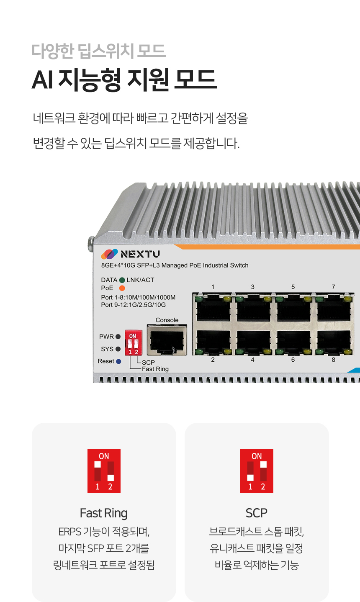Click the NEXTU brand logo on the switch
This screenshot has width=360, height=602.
click(x=130, y=254)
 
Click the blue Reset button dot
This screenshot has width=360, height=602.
click(x=118, y=361)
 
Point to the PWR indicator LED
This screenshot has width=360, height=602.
click(x=118, y=337)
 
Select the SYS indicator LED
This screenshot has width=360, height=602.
click(x=118, y=349)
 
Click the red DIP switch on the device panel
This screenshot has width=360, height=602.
click(x=134, y=343)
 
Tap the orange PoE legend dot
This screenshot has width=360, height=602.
click(x=122, y=288)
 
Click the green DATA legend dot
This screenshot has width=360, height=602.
click(x=122, y=280)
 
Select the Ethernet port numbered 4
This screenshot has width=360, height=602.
click(x=253, y=342)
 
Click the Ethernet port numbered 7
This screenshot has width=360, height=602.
click(x=334, y=308)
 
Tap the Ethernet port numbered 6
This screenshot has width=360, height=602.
click(x=293, y=342)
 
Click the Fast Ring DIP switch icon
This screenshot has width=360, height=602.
click(x=104, y=471)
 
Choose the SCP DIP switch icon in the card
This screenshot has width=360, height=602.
click(x=257, y=471)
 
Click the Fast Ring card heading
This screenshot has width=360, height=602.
click(x=104, y=513)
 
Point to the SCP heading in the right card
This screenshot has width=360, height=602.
click(x=257, y=513)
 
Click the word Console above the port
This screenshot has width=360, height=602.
click(x=167, y=320)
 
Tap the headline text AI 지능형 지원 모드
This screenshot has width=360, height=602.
click(x=124, y=79)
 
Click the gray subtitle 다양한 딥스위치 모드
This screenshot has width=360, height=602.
click(x=99, y=51)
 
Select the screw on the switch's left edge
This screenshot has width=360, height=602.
click(x=91, y=244)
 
